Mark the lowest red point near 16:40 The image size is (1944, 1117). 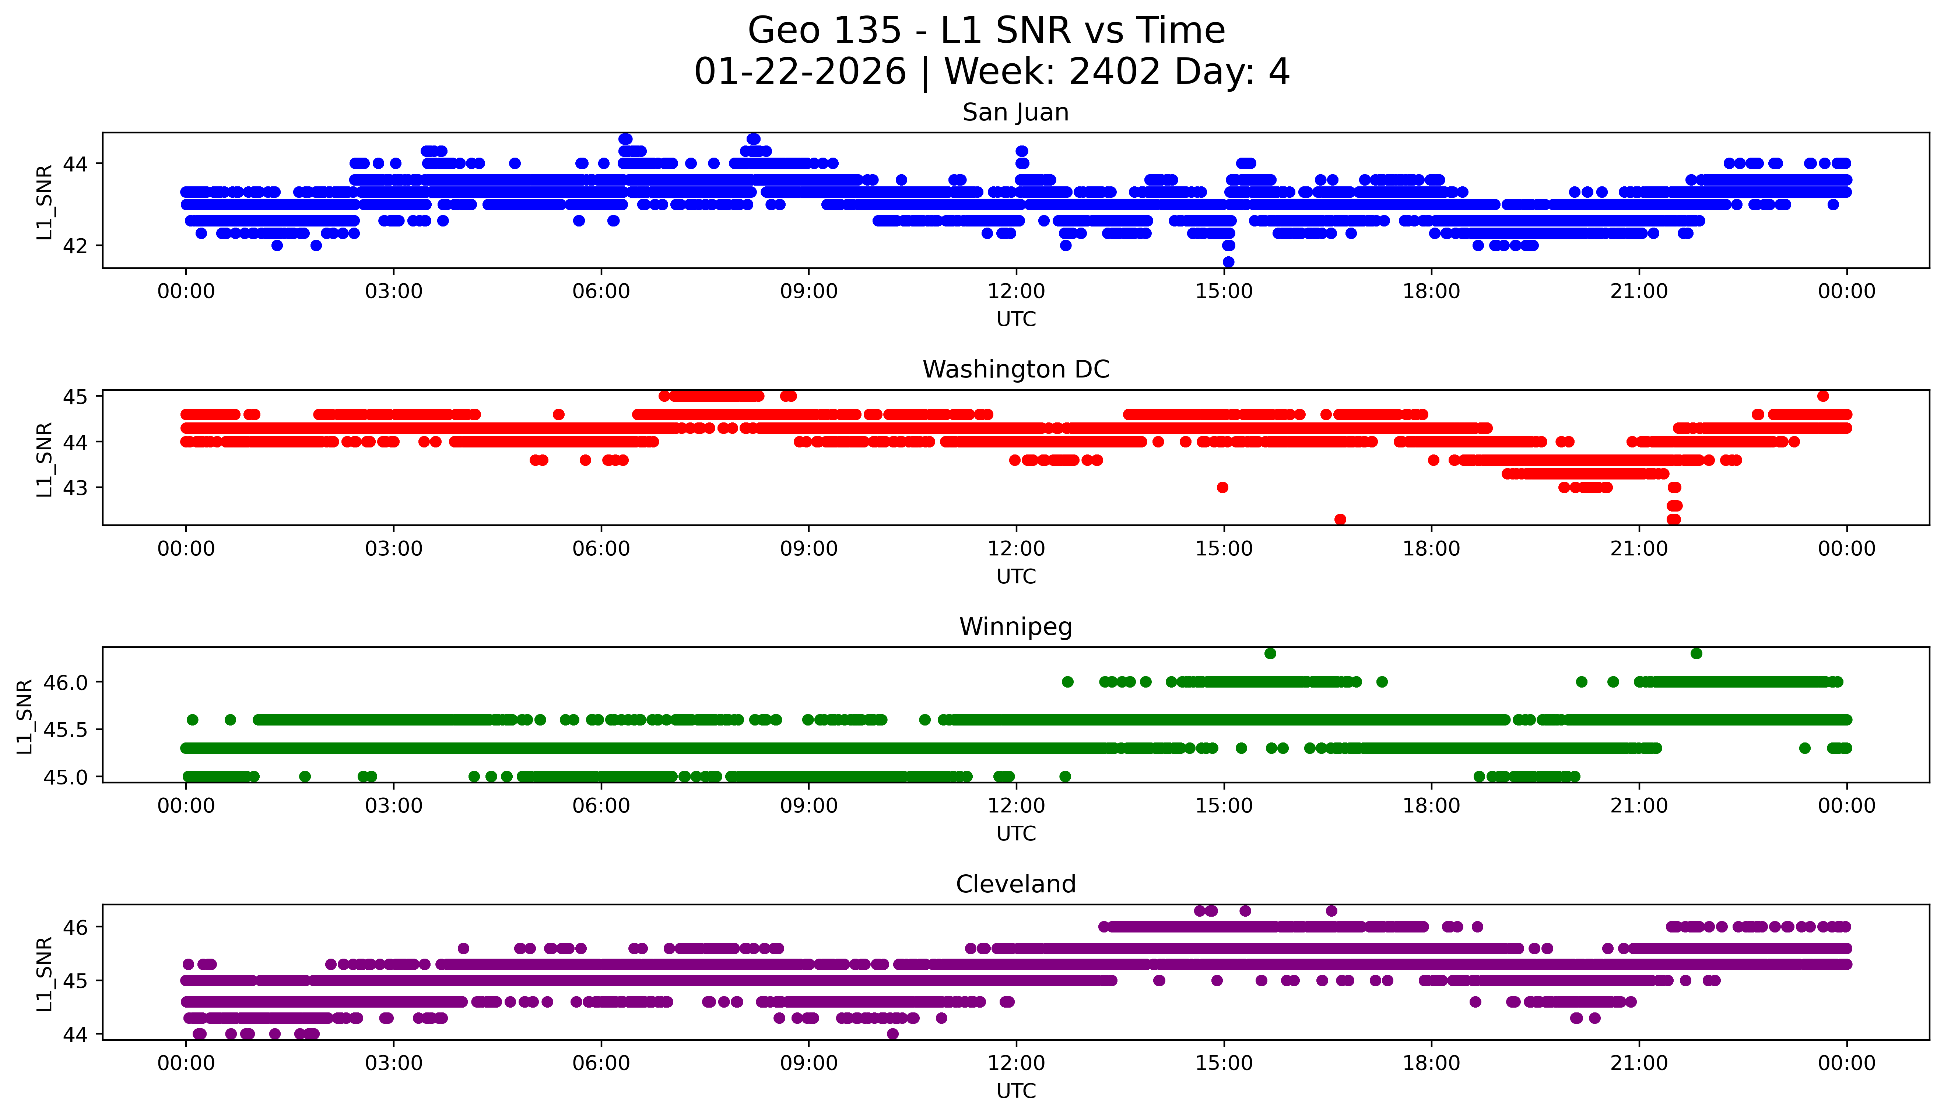point(1340,519)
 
